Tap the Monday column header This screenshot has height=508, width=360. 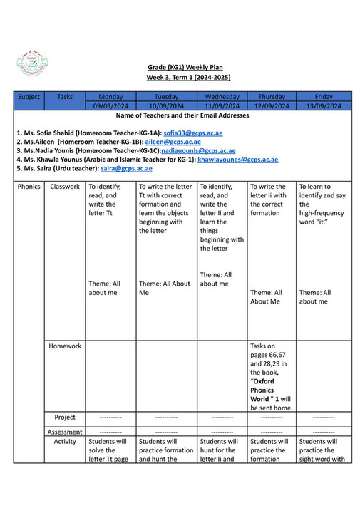pyautogui.click(x=110, y=97)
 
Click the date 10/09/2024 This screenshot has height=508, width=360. pyautogui.click(x=165, y=106)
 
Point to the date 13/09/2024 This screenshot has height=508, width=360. pyautogui.click(x=323, y=106)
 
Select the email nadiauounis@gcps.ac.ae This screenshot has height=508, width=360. pyautogui.click(x=198, y=151)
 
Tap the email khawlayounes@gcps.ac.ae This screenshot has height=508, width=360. pyautogui.click(x=237, y=160)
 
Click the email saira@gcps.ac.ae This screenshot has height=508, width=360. pyautogui.click(x=126, y=169)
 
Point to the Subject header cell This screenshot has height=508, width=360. pyautogui.click(x=29, y=97)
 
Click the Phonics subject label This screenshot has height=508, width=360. pyautogui.click(x=29, y=187)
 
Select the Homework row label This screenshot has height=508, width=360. pyautogui.click(x=65, y=346)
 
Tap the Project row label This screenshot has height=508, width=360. pyautogui.click(x=65, y=417)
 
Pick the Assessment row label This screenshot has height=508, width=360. pyautogui.click(x=65, y=432)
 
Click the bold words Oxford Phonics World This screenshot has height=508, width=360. pyautogui.click(x=267, y=390)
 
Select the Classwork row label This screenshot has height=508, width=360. pyautogui.click(x=65, y=187)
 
